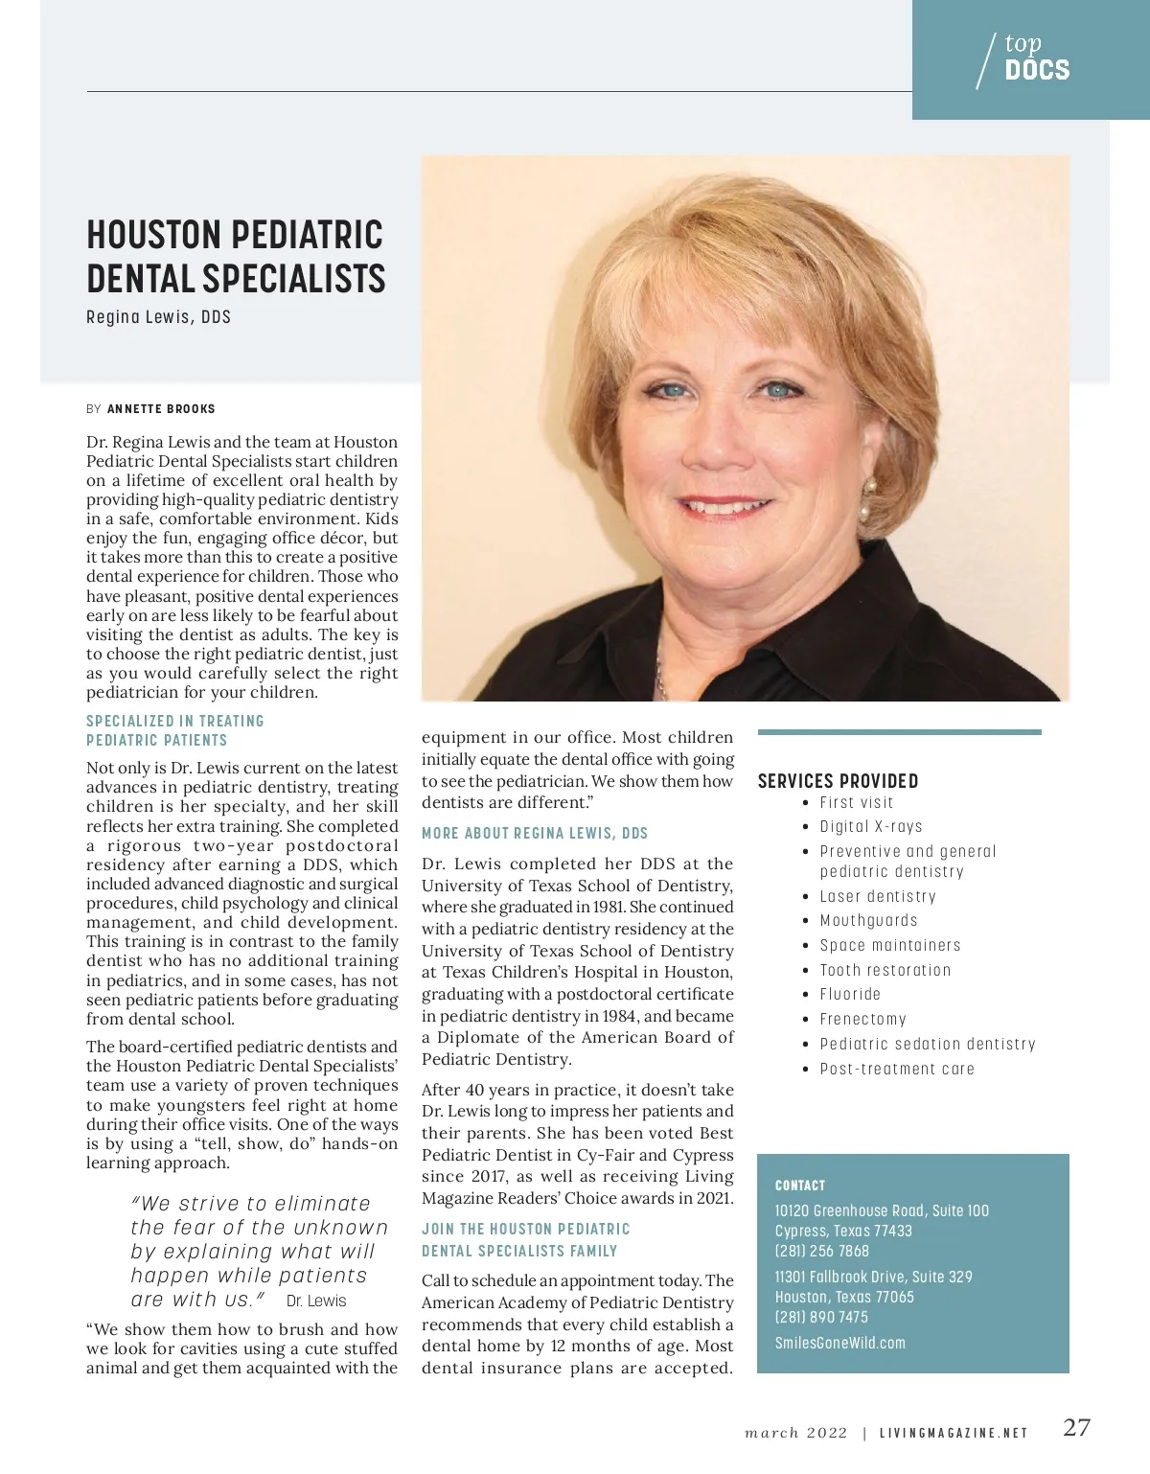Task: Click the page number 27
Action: click(x=1076, y=1427)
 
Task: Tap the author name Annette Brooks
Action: click(x=161, y=409)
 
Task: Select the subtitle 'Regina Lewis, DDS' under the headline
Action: click(x=158, y=317)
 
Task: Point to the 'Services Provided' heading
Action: click(x=838, y=781)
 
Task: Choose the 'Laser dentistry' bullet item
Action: click(x=877, y=897)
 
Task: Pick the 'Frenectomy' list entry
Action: click(x=862, y=1020)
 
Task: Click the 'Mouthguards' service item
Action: click(x=868, y=921)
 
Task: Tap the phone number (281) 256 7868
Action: click(x=821, y=1251)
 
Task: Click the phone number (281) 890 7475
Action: click(x=821, y=1318)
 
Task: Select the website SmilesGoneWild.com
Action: click(x=839, y=1344)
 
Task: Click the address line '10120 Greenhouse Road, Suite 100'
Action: click(x=881, y=1211)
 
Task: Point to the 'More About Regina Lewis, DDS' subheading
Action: click(x=535, y=834)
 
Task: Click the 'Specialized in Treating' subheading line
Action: click(x=174, y=722)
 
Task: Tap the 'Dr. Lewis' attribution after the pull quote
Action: click(x=316, y=1301)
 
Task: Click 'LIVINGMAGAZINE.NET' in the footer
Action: click(x=954, y=1434)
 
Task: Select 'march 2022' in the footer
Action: click(x=795, y=1434)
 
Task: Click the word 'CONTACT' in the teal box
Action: click(x=799, y=1186)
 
